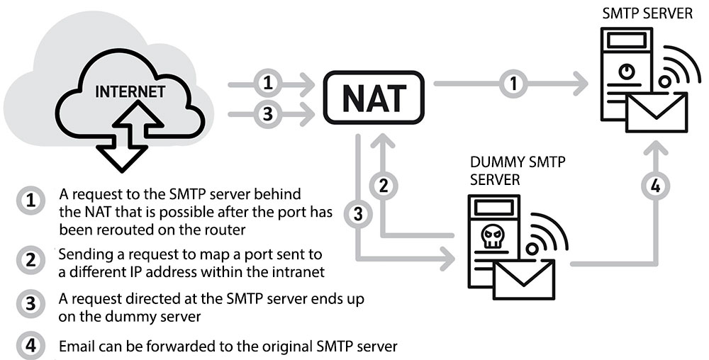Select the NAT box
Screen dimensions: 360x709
(x=374, y=98)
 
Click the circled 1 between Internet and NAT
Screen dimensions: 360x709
(x=267, y=83)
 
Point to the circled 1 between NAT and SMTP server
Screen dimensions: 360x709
(x=511, y=84)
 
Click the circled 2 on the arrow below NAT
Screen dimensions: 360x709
(x=383, y=186)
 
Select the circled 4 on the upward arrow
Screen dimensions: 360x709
(x=654, y=187)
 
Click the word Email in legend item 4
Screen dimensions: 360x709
(x=76, y=347)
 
